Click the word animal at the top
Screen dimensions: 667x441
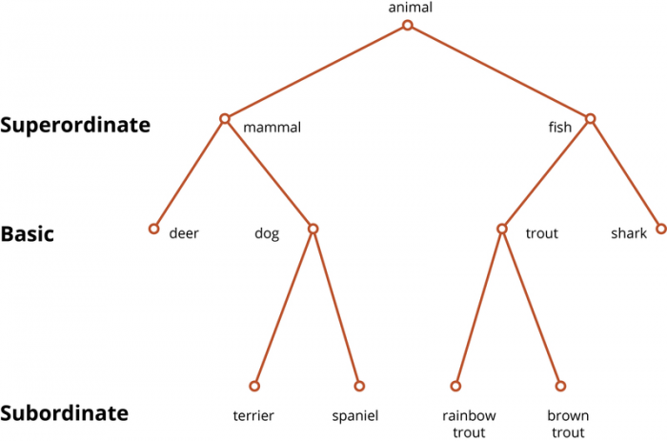(410, 8)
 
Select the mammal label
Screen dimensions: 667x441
(272, 127)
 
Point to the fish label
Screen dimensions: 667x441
(560, 127)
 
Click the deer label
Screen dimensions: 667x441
(184, 233)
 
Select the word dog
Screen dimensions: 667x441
(267, 233)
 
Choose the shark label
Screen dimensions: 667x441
(629, 233)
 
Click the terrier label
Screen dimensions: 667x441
(253, 415)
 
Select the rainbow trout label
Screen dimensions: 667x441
(469, 424)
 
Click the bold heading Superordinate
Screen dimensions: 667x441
(75, 125)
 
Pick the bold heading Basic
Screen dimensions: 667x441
(28, 234)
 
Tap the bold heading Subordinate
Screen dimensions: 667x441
(64, 413)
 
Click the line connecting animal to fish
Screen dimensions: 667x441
(498, 71)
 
